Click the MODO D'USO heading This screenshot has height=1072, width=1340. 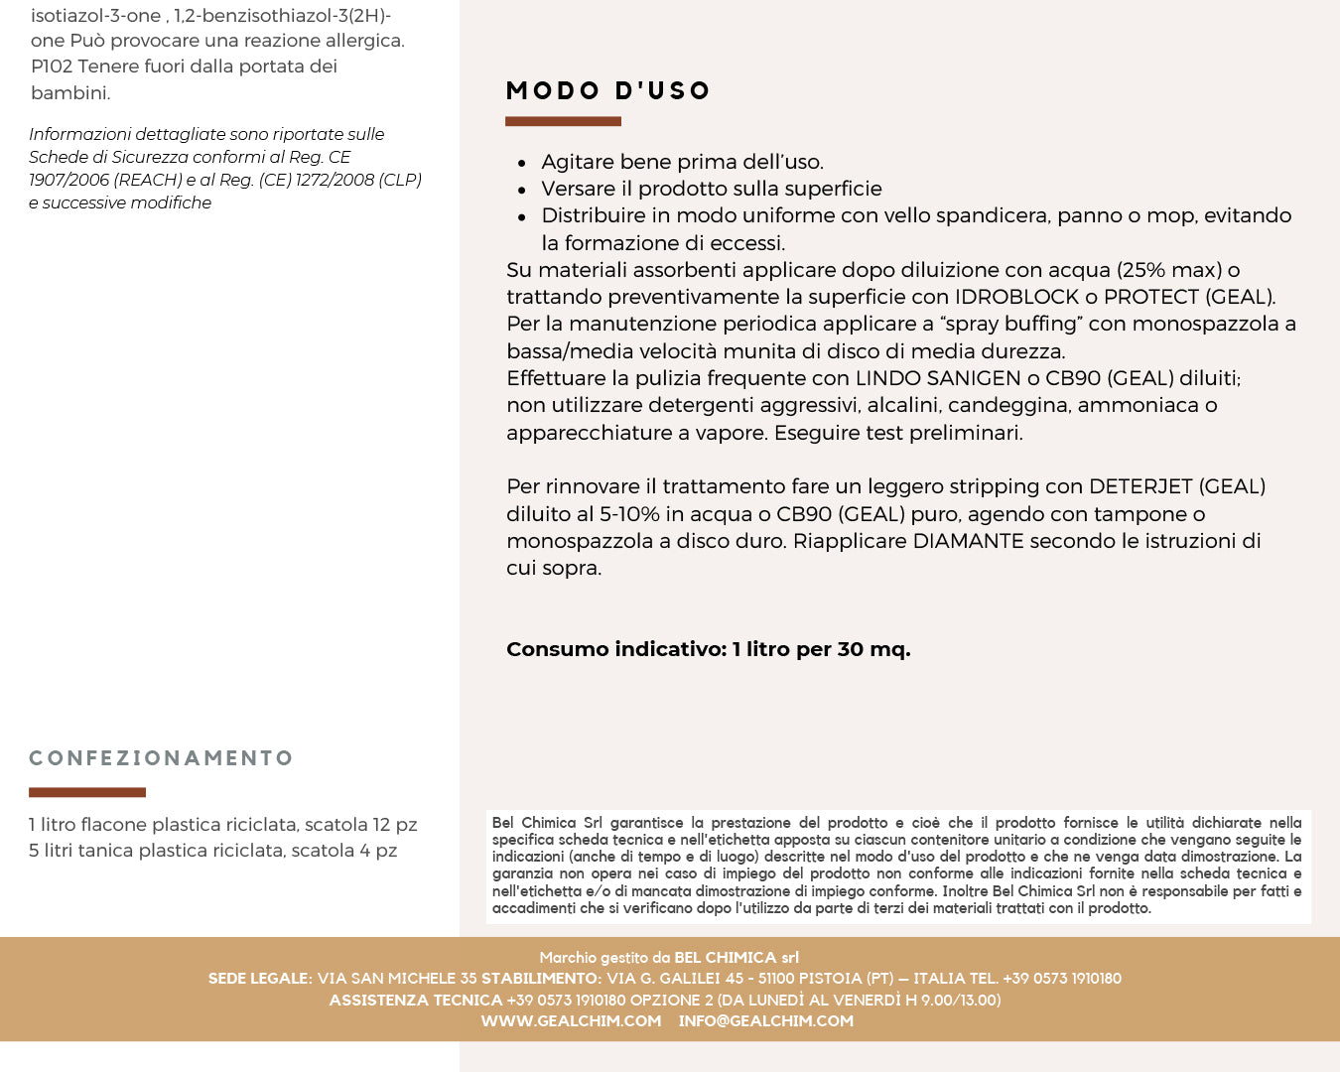pos(607,91)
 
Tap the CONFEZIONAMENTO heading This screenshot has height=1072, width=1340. pos(161,758)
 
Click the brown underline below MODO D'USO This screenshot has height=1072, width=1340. pos(563,121)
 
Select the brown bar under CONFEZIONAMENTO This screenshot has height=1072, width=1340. pos(87,792)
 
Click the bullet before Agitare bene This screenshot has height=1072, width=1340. pos(522,163)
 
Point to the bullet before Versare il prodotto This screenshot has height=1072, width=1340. pos(522,190)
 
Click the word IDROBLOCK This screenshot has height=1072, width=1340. pos(1016,297)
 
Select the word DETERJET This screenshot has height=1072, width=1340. pos(1139,486)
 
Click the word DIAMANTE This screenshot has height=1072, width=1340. pos(967,541)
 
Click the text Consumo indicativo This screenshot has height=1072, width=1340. pos(615,649)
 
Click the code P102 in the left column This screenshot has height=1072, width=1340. pos(52,67)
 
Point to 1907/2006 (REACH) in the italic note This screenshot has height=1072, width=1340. pos(105,180)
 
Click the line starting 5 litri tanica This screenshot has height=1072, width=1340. pos(212,851)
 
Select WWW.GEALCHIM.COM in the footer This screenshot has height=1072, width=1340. pos(571,1020)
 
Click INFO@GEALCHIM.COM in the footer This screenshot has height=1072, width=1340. pos(765,1020)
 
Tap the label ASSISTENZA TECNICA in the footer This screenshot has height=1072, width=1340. pos(415,1000)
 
